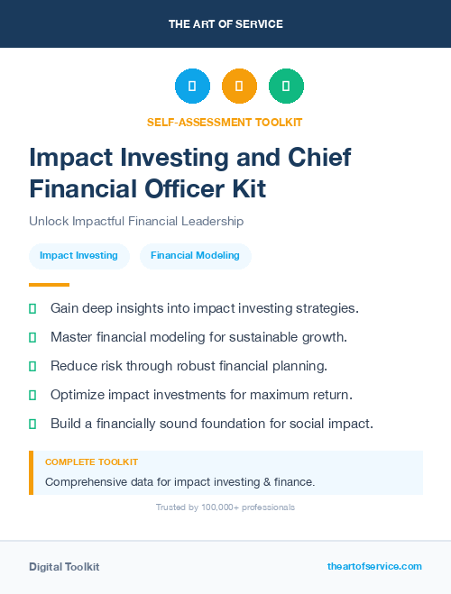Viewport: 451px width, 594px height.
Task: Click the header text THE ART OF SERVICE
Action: (x=225, y=24)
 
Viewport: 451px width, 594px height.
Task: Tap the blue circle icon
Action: (x=192, y=87)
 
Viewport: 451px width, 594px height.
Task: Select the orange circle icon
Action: (x=239, y=87)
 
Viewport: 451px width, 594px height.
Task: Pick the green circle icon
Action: (x=286, y=87)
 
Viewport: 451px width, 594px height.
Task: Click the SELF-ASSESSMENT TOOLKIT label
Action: (x=225, y=122)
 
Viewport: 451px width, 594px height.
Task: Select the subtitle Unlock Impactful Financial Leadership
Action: (x=136, y=221)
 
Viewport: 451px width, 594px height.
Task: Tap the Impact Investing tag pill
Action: (x=78, y=255)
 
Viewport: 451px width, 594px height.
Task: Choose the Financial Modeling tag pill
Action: (x=195, y=255)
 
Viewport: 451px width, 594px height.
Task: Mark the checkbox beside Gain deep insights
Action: (x=32, y=308)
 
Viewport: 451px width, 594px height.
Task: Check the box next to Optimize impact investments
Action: (x=32, y=395)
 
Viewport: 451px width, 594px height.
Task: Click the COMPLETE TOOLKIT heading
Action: (x=91, y=461)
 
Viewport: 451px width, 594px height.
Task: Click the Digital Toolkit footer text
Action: (x=64, y=566)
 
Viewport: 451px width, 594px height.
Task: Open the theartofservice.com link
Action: (x=374, y=566)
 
